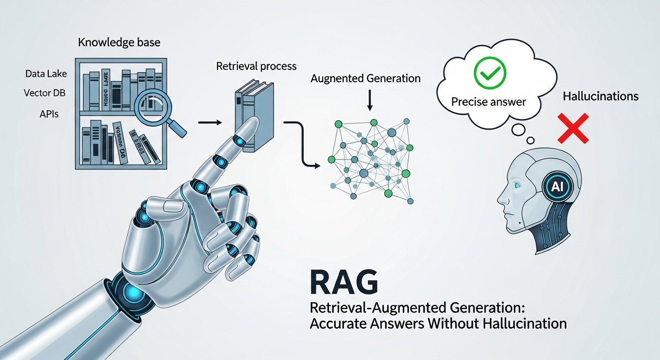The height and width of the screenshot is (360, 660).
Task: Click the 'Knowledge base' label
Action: [x=119, y=43]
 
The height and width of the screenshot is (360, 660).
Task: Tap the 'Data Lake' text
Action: [x=46, y=74]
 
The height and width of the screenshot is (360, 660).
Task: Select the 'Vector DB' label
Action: [x=45, y=93]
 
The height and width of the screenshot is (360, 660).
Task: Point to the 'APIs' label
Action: [x=49, y=114]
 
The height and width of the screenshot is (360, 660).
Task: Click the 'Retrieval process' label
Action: [x=256, y=66]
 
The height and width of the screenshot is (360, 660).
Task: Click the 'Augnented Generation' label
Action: [x=366, y=79]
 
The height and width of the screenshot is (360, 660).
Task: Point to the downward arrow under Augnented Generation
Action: [x=370, y=101]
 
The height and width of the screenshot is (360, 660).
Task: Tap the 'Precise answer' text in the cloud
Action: [x=489, y=102]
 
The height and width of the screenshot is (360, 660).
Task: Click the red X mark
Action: [x=573, y=128]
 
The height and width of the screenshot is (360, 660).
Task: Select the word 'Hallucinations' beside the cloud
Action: [x=600, y=97]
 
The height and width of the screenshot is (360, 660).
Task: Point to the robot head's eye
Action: [x=517, y=186]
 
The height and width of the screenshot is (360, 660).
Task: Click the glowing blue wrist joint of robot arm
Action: [x=129, y=292]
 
